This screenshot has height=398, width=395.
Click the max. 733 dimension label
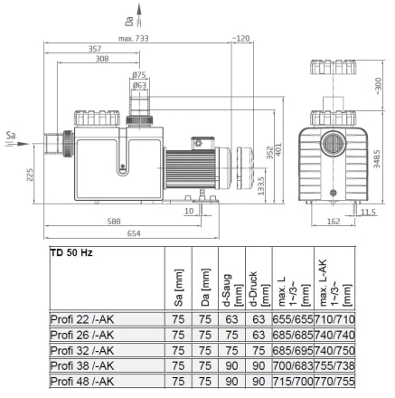133,39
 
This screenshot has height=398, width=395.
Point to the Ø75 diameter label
139,75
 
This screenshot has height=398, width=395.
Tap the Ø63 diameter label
139,86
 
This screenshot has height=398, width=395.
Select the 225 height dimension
30,175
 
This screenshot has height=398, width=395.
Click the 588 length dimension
114,222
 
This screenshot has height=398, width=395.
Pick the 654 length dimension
134,233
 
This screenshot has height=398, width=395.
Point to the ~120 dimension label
240,38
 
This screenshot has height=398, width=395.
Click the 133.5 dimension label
261,185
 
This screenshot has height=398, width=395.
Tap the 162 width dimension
334,222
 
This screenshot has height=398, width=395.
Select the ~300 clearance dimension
379,86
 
